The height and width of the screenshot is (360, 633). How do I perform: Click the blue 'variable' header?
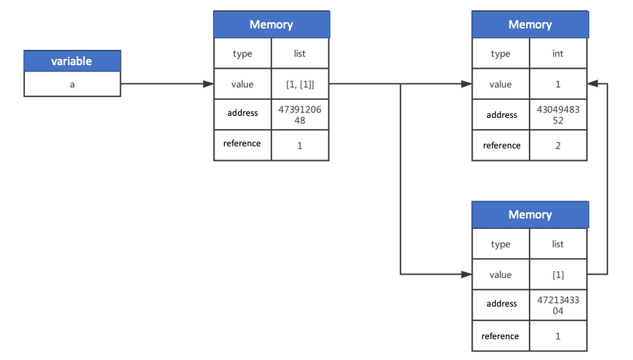pyautogui.click(x=71, y=61)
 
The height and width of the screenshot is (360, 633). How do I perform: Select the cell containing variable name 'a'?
pyautogui.click(x=71, y=84)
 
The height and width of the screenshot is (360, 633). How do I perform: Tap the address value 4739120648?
pyautogui.click(x=300, y=114)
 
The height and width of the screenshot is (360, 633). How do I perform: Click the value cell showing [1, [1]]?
pyautogui.click(x=300, y=84)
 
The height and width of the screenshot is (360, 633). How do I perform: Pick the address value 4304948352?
pyautogui.click(x=558, y=114)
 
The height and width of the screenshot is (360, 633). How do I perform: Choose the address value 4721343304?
pyautogui.click(x=558, y=305)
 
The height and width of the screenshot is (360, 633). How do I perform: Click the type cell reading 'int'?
pyautogui.click(x=558, y=53)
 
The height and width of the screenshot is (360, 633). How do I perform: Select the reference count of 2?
pyautogui.click(x=558, y=146)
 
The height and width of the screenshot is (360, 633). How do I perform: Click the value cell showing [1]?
pyautogui.click(x=558, y=275)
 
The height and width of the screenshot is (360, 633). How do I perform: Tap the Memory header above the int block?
pyautogui.click(x=530, y=24)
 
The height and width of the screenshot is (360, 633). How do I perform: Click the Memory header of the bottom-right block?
pyautogui.click(x=530, y=214)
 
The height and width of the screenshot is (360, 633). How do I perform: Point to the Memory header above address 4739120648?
pyautogui.click(x=271, y=24)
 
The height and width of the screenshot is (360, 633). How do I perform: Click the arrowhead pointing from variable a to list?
pyautogui.click(x=208, y=84)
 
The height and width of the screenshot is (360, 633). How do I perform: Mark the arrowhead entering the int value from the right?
pyautogui.click(x=592, y=84)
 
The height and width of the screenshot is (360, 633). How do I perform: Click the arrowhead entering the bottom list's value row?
pyautogui.click(x=466, y=275)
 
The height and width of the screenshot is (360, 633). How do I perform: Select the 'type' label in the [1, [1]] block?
pyautogui.click(x=242, y=53)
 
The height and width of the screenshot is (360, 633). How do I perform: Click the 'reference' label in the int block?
pyautogui.click(x=501, y=146)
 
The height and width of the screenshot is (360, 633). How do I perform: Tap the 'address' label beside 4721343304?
pyautogui.click(x=501, y=304)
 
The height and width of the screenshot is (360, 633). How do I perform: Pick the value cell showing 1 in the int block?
pyautogui.click(x=558, y=84)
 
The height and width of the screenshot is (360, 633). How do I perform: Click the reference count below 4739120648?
pyautogui.click(x=300, y=146)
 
